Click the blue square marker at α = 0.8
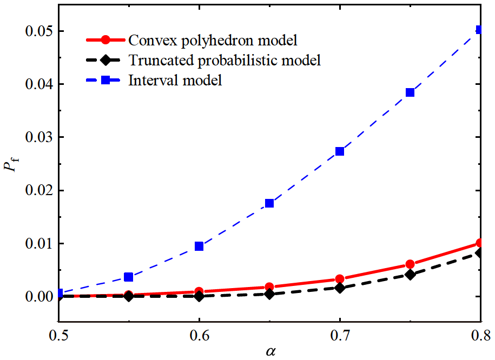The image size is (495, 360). (479, 30)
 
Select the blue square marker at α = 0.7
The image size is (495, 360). (340, 151)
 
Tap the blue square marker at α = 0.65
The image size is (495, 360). (269, 203)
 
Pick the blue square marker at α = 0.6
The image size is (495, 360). (199, 246)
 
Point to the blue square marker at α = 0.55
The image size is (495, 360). (129, 277)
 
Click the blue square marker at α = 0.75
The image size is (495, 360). (410, 92)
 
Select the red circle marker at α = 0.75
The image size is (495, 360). (410, 264)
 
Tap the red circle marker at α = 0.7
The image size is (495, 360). (340, 279)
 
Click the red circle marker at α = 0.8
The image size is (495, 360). (479, 243)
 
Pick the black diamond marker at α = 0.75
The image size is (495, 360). (410, 275)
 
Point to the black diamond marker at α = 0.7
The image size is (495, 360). (340, 288)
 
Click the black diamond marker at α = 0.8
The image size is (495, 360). (479, 253)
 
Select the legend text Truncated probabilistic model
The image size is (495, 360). (225, 61)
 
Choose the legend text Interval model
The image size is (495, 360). (175, 81)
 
